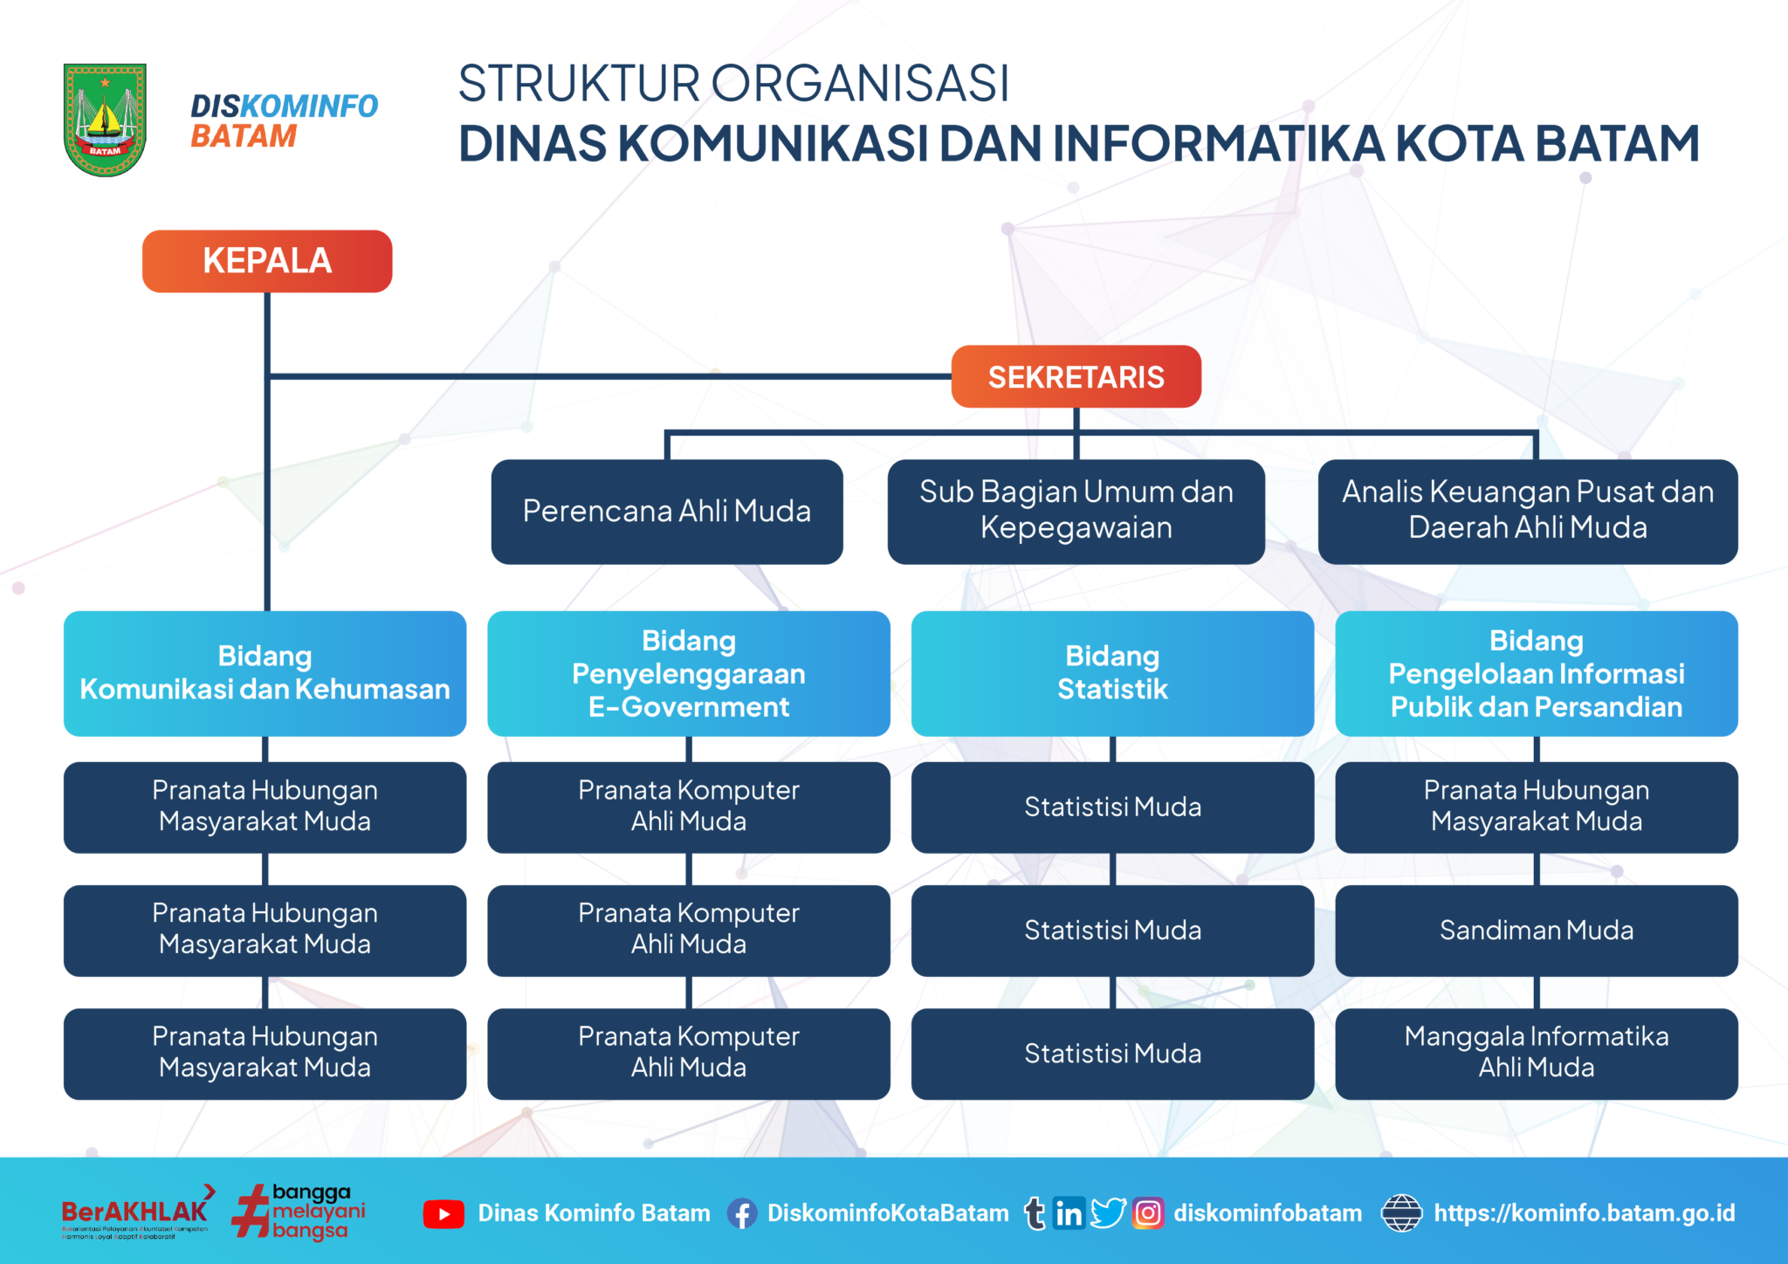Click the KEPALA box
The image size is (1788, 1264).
click(x=267, y=261)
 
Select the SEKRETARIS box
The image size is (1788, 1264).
click(x=1076, y=377)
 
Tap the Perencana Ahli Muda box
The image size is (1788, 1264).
click(x=667, y=512)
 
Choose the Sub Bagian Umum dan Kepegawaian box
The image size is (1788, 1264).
click(x=1076, y=511)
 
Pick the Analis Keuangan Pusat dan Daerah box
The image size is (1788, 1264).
click(x=1527, y=511)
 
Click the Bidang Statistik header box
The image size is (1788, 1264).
click(x=1112, y=673)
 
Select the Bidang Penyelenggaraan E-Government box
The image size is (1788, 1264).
click(x=688, y=673)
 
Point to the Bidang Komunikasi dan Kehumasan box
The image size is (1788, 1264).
click(x=265, y=673)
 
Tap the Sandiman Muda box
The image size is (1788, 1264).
click(x=1536, y=931)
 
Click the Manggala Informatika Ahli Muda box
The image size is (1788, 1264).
click(x=1536, y=1053)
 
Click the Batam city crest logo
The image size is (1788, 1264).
click(x=105, y=120)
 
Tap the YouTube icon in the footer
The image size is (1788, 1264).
click(x=444, y=1213)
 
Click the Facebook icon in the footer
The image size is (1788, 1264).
click(x=742, y=1213)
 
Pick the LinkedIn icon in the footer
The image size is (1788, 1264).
click(x=1069, y=1213)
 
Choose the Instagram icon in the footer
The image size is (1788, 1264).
click(x=1148, y=1213)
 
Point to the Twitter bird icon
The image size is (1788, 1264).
click(x=1108, y=1212)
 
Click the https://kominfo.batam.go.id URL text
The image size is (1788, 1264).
click(x=1584, y=1213)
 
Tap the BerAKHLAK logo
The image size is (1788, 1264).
click(x=135, y=1212)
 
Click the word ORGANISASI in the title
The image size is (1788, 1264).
click(x=860, y=84)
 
